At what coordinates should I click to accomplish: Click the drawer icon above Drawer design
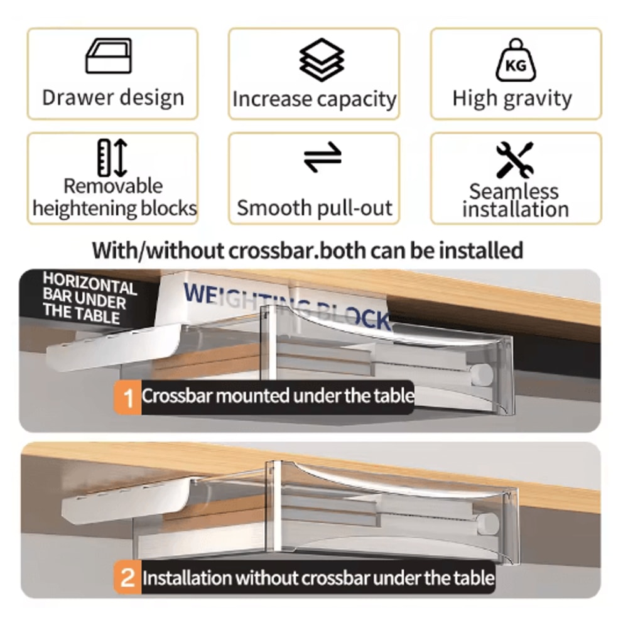point(109,56)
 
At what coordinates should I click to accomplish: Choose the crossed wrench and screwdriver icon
point(514,160)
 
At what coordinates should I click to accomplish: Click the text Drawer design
point(113,98)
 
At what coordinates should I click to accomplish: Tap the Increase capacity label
point(315,99)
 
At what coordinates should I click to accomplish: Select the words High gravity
point(512,99)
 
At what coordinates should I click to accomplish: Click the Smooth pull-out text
point(315,208)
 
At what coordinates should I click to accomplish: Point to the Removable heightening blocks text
point(114,197)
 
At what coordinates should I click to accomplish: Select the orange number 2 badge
point(128,578)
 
